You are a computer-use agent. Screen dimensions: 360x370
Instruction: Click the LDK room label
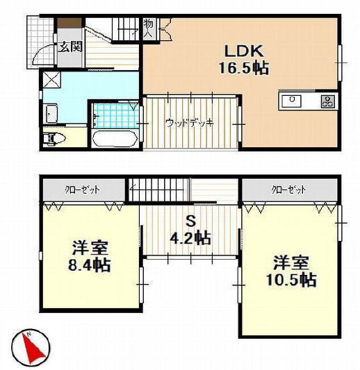pyautogui.click(x=244, y=51)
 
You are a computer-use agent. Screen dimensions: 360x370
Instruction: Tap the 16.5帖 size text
pyautogui.click(x=244, y=68)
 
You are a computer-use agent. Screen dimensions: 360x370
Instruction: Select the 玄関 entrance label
pyautogui.click(x=70, y=47)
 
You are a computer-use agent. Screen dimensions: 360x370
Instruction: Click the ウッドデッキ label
pyautogui.click(x=190, y=123)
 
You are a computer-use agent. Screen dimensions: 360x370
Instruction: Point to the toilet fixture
pyautogui.click(x=54, y=139)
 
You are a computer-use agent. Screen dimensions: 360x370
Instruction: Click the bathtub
pyautogui.click(x=115, y=139)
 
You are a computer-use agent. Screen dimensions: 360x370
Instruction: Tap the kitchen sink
pyautogui.click(x=292, y=101)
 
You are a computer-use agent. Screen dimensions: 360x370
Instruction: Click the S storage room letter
pyautogui.click(x=191, y=221)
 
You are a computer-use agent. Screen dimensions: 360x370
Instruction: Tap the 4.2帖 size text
pyautogui.click(x=190, y=239)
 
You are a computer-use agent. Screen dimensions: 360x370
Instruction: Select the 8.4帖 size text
pyautogui.click(x=90, y=264)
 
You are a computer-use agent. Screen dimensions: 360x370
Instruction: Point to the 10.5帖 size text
pyautogui.click(x=291, y=280)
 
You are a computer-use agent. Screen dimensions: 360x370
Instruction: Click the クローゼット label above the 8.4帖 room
pyautogui.click(x=83, y=190)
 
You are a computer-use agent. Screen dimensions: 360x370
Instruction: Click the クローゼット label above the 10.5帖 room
pyautogui.click(x=288, y=190)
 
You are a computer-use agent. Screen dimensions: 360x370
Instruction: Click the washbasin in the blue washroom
pyautogui.click(x=51, y=114)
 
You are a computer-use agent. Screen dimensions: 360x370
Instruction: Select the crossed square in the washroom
pyautogui.click(x=52, y=80)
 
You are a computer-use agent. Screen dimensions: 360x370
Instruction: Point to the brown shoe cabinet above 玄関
pyautogui.click(x=70, y=24)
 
